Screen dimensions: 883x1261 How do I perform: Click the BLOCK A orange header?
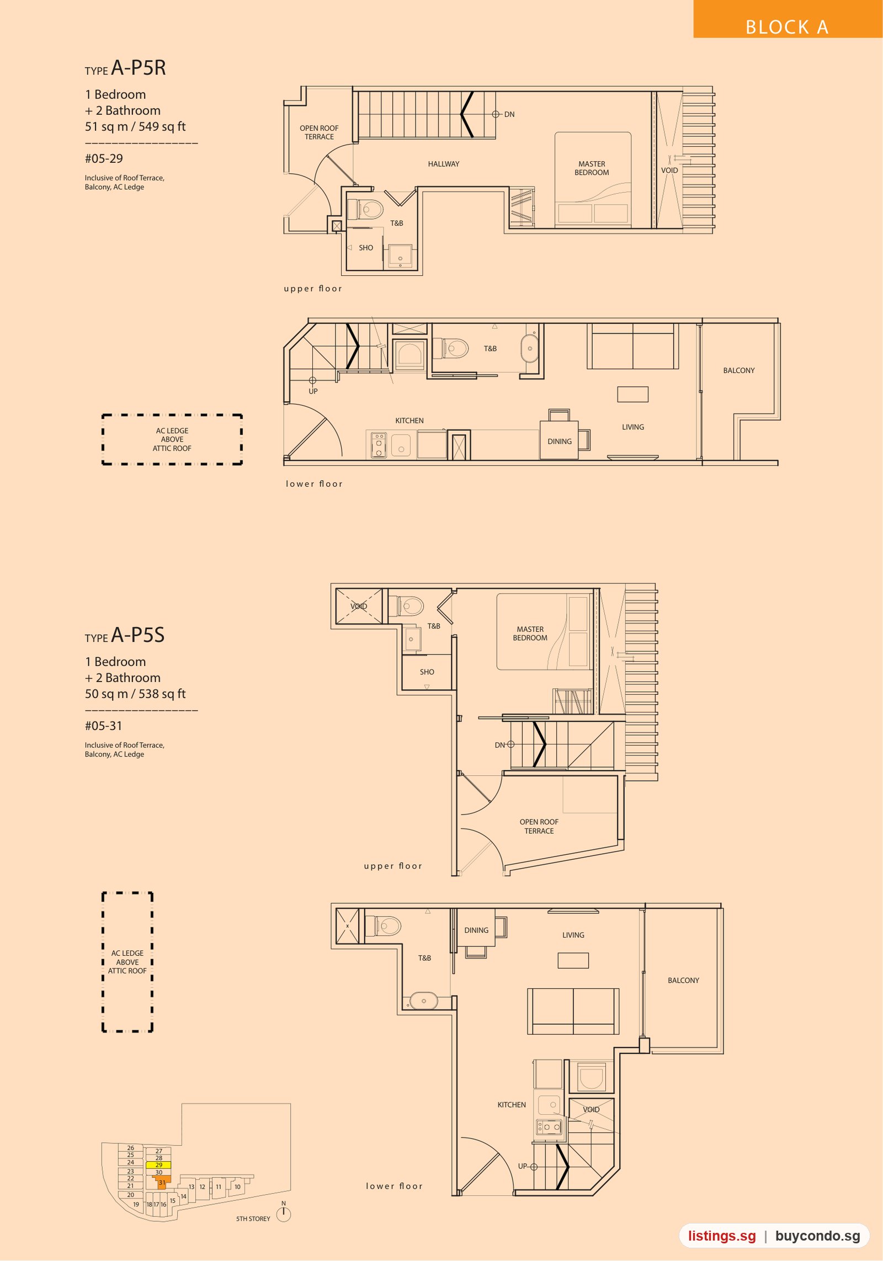(788, 19)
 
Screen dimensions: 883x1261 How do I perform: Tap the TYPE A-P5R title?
(125, 68)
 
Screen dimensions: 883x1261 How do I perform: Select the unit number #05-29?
(104, 158)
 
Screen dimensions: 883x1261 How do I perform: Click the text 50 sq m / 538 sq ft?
(135, 694)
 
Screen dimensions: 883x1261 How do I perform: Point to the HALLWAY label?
(443, 164)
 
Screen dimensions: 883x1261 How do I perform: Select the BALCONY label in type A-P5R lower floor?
(738, 370)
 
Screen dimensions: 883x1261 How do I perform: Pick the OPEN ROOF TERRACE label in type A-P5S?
(539, 826)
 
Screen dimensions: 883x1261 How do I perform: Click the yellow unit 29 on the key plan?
(158, 1165)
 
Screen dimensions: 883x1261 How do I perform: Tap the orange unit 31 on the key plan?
(162, 1182)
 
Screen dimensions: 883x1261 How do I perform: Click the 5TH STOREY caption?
(253, 1219)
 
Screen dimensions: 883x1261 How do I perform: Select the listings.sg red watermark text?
(721, 1236)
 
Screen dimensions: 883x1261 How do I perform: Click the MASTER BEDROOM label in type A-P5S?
(530, 634)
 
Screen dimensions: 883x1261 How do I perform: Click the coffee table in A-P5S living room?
(573, 960)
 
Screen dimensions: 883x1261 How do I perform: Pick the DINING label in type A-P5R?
(560, 441)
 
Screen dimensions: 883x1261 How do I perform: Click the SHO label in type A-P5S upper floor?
(427, 672)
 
